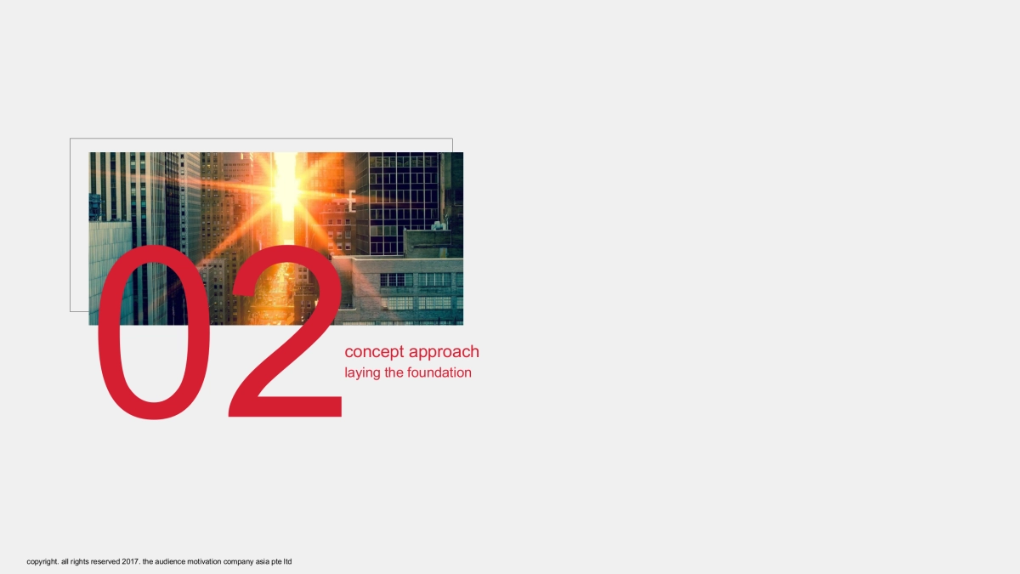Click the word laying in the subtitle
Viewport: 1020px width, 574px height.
362,373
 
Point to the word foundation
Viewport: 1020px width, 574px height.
439,372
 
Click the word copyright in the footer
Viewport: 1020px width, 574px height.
42,562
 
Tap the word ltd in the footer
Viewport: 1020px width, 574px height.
287,562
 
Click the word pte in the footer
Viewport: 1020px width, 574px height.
278,562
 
